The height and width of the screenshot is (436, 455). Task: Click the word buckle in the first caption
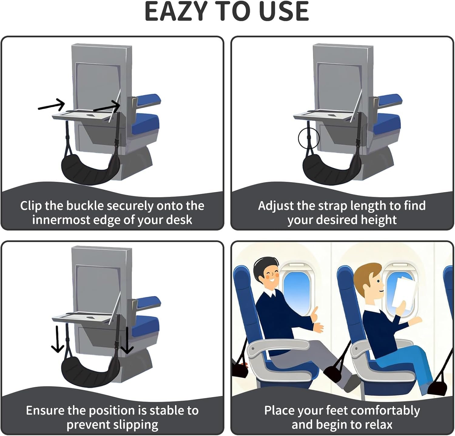tap(85, 206)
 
